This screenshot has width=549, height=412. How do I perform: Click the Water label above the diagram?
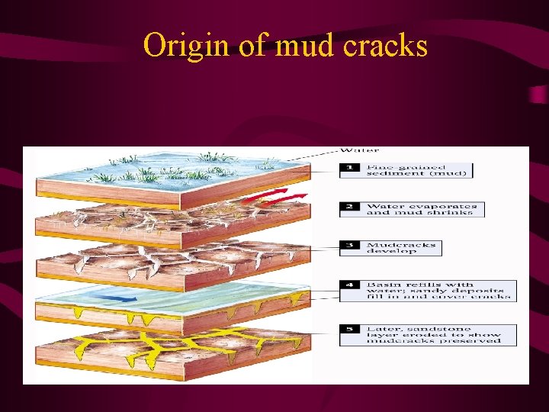(x=360, y=150)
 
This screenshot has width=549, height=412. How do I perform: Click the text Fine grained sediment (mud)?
(x=419, y=169)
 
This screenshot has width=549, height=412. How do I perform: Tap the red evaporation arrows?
(x=282, y=198)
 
